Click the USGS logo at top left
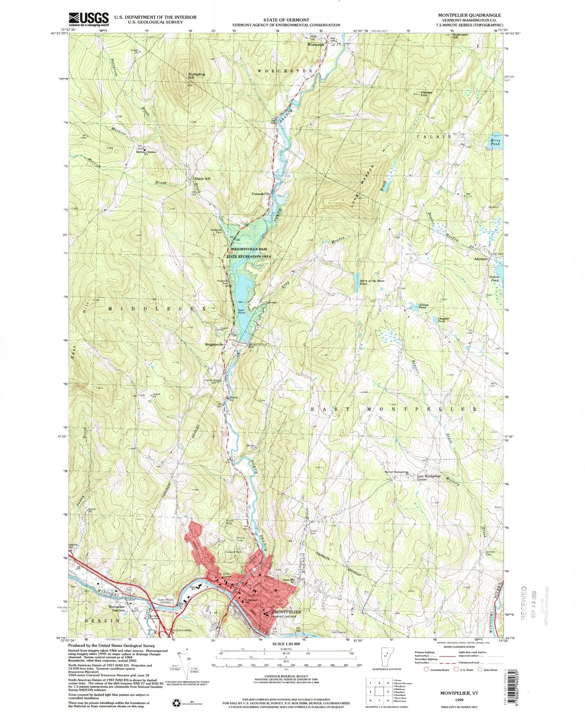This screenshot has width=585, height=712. (x=89, y=19)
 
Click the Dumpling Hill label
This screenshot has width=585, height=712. (x=196, y=75)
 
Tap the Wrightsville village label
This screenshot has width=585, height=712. (x=214, y=344)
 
